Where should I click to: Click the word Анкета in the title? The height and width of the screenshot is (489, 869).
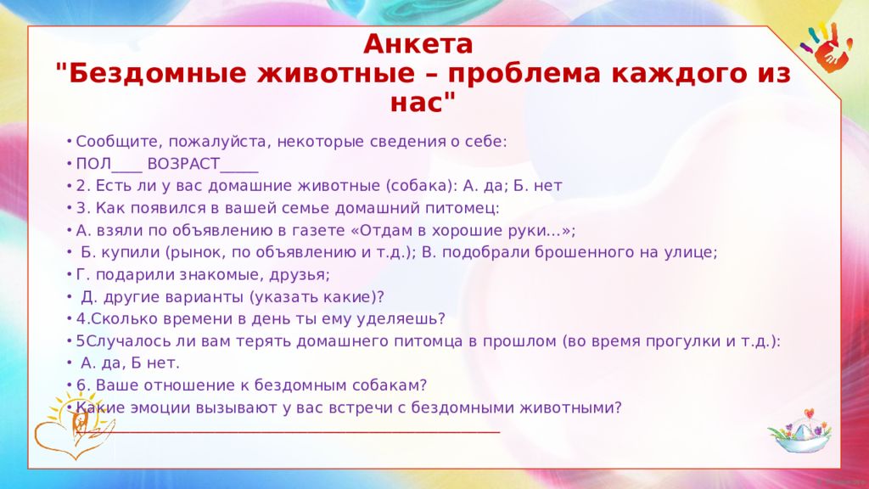coord(418,44)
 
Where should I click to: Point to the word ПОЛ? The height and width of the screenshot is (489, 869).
coord(93,164)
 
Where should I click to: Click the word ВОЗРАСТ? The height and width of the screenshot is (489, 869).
coord(183,164)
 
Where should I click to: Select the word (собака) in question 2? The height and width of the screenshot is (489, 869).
coord(419,186)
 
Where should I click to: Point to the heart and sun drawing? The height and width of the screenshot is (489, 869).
coord(73,425)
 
